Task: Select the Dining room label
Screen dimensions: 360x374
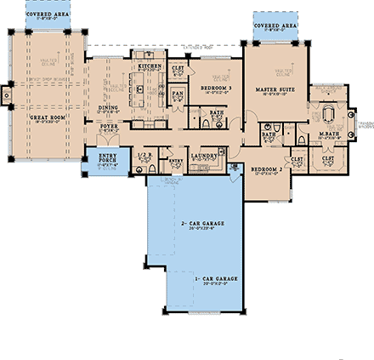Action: [108, 108]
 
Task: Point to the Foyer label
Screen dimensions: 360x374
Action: [110, 126]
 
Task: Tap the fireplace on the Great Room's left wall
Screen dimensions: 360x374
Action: [4, 96]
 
